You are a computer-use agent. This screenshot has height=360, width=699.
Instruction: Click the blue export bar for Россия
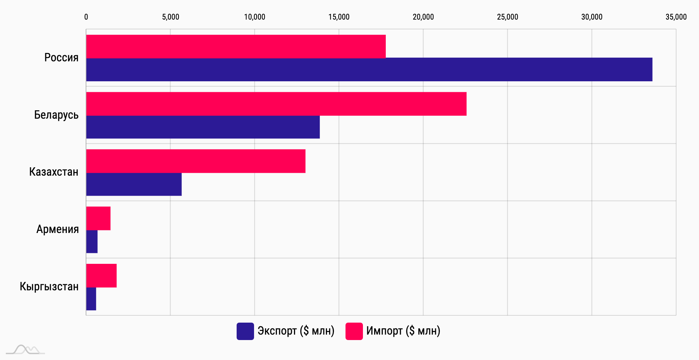click(369, 69)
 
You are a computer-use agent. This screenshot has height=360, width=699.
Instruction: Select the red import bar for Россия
click(236, 46)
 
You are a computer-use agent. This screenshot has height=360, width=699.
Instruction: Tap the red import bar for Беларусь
click(276, 104)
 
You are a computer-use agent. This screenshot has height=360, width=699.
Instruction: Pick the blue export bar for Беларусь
click(203, 127)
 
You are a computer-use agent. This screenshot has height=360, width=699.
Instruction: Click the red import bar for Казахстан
click(196, 161)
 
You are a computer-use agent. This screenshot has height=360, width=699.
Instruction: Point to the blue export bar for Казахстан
click(134, 184)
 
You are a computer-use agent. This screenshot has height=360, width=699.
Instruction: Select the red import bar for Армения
click(98, 218)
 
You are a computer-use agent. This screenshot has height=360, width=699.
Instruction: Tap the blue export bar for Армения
click(92, 242)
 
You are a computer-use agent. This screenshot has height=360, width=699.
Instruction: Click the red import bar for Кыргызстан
click(101, 276)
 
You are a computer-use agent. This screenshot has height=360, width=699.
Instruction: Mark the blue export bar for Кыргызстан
click(91, 299)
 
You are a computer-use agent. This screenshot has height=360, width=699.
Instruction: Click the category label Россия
click(61, 58)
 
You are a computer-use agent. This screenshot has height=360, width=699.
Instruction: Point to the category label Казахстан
click(54, 172)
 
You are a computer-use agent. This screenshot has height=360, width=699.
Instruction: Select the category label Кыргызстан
click(49, 286)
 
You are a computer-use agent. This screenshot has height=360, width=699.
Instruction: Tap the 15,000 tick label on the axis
click(339, 17)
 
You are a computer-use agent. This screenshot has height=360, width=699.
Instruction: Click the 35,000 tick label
click(676, 17)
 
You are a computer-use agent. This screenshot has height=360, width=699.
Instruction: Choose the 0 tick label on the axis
click(86, 17)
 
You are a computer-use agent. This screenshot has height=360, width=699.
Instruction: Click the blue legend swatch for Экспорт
click(245, 331)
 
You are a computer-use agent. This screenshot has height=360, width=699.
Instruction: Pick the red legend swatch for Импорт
click(354, 331)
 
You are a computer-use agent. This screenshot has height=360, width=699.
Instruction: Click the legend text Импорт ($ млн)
click(403, 331)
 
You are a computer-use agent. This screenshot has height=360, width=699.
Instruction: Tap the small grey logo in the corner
click(25, 350)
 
